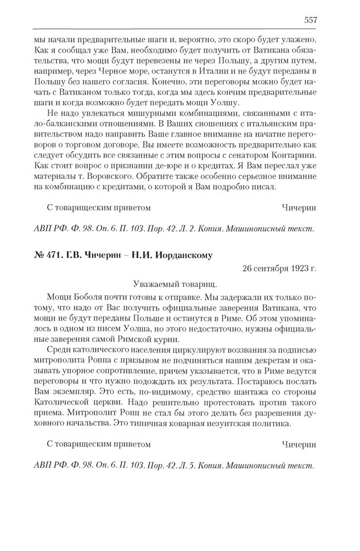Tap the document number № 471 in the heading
click(46, 255)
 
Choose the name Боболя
click(85, 298)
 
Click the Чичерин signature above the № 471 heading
click(299, 208)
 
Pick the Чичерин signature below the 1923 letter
click(299, 444)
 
